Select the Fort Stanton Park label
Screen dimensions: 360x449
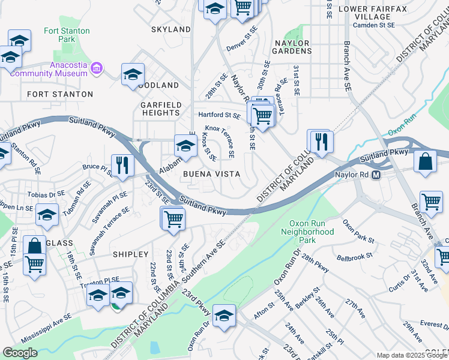click(x=67, y=35)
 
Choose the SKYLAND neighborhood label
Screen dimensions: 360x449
click(x=171, y=29)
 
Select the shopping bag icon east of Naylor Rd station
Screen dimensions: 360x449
click(x=425, y=161)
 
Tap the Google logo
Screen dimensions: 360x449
click(x=20, y=353)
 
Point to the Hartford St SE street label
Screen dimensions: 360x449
click(x=220, y=115)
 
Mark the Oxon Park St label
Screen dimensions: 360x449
click(x=358, y=232)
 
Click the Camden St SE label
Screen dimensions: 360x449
click(x=373, y=26)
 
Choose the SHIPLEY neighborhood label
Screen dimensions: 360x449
click(x=130, y=254)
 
